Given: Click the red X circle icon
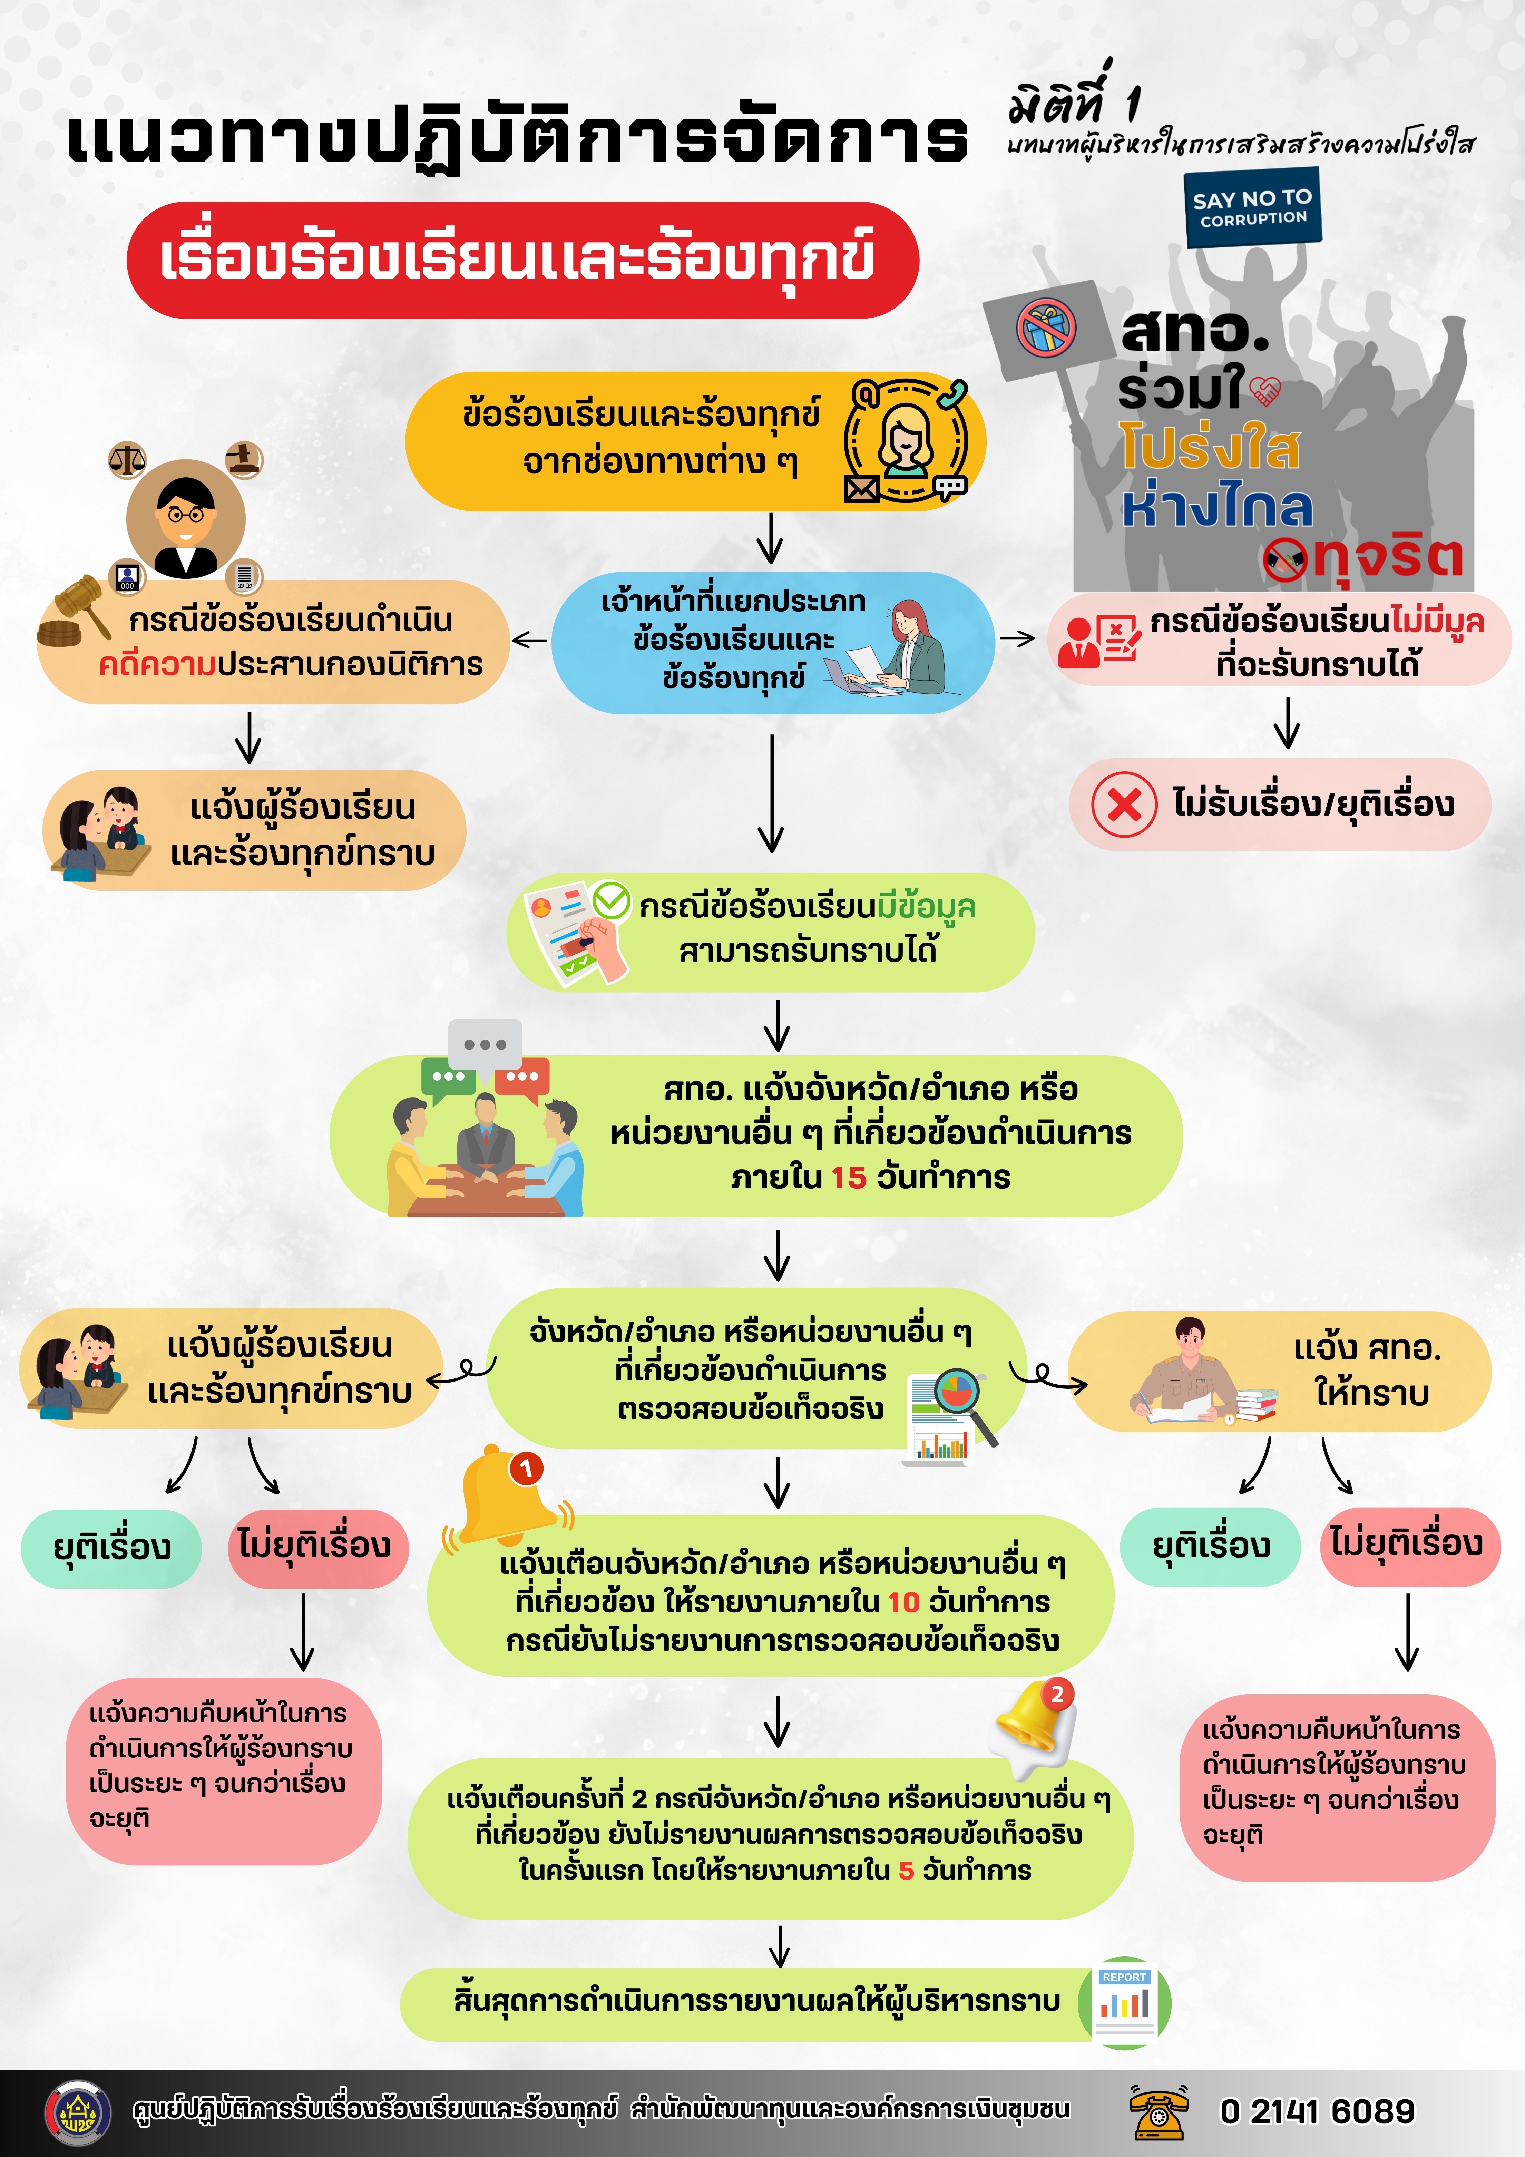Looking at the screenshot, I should pos(1124,804).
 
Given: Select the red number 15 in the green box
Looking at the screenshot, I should pos(849,1177).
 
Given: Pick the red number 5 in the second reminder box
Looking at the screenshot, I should pos(906,1871).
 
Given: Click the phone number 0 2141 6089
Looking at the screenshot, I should pos(1317,2111).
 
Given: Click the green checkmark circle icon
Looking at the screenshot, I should pos(611,900).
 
